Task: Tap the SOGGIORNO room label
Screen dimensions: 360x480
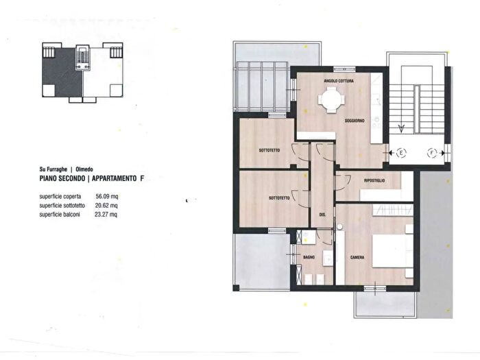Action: pos(355,121)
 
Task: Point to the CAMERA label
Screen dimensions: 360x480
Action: pos(357,258)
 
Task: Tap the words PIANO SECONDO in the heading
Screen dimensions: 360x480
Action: pos(62,178)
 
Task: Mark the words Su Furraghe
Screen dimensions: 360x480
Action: pos(55,169)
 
